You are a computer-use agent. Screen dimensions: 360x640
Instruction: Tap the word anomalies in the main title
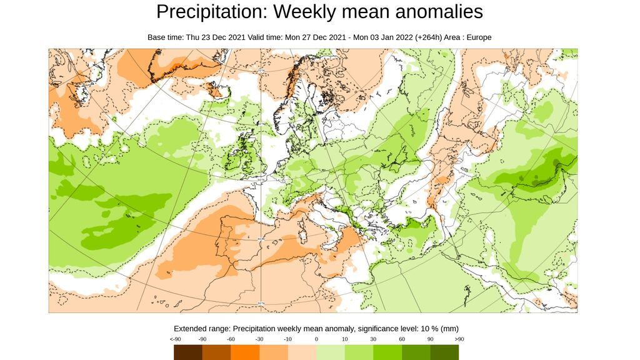click(x=434, y=12)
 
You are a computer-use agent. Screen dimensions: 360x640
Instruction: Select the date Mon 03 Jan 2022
click(x=383, y=37)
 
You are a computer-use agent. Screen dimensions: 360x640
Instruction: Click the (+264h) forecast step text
click(x=428, y=37)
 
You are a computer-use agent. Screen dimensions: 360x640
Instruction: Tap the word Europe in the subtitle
click(x=477, y=37)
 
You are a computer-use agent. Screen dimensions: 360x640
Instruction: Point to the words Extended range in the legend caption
click(x=202, y=329)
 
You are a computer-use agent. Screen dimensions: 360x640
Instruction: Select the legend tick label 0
click(x=316, y=339)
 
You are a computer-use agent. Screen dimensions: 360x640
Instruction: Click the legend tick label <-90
click(x=175, y=339)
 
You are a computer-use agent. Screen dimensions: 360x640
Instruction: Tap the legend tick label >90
click(x=459, y=339)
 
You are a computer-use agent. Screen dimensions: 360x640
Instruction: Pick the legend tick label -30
click(x=259, y=339)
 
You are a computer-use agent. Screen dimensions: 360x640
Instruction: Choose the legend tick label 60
click(x=402, y=339)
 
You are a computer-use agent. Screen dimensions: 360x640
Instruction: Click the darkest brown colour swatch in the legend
click(x=188, y=352)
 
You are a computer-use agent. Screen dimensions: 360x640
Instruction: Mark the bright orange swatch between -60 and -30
click(x=245, y=352)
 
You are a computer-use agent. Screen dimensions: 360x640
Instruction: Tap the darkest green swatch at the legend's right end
click(x=444, y=352)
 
